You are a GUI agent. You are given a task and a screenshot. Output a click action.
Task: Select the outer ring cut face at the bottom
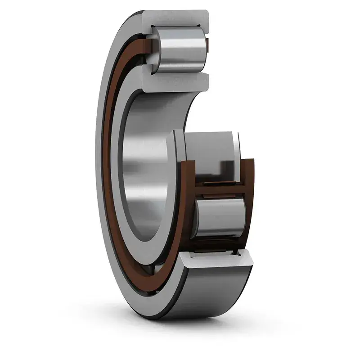coord(216,261)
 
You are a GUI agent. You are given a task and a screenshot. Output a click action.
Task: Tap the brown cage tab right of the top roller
coord(207,45)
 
